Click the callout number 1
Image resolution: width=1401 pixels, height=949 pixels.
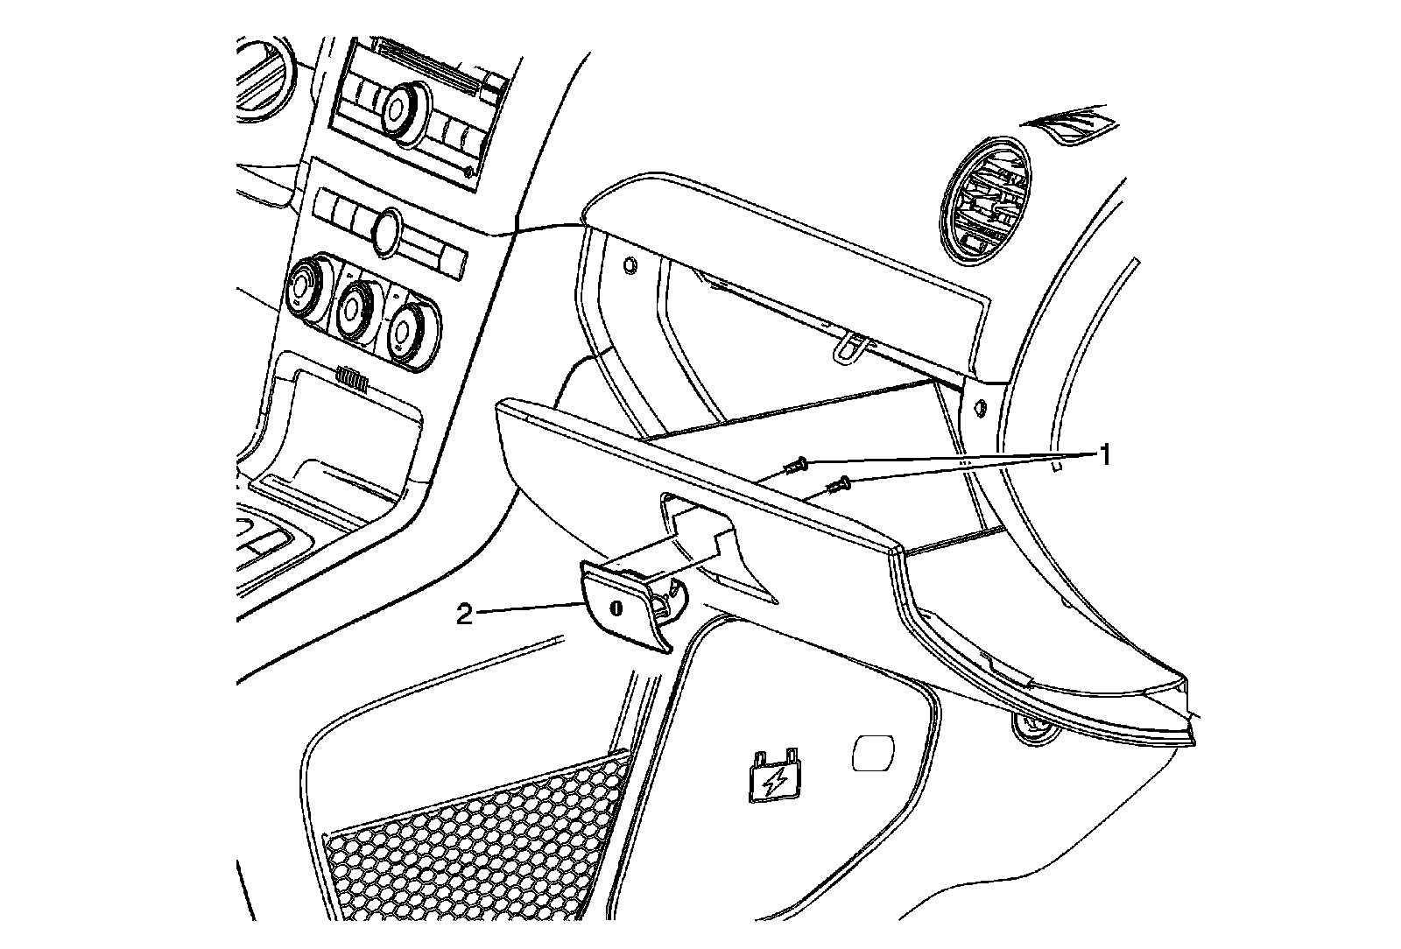click(x=1105, y=455)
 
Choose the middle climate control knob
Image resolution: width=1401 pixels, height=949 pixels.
click(x=354, y=308)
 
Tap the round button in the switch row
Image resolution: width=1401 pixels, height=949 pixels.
click(x=384, y=231)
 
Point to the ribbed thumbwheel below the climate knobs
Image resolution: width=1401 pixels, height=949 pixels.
click(x=352, y=378)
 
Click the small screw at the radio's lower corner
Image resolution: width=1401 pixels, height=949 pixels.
click(x=469, y=172)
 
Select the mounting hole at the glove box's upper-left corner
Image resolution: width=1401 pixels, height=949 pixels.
click(x=630, y=264)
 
